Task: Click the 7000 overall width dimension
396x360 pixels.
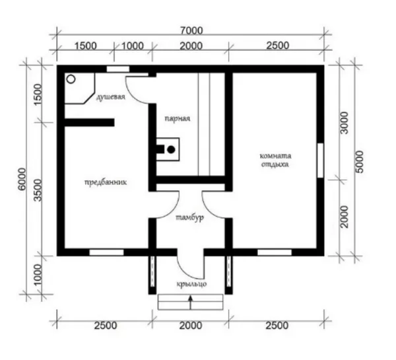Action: (x=191, y=30)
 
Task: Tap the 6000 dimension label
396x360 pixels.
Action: (x=22, y=179)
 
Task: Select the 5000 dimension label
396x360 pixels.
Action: (x=359, y=162)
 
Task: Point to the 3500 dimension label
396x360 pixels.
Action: (x=38, y=190)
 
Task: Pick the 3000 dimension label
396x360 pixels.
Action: (x=345, y=123)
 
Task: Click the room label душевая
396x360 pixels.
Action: (x=111, y=97)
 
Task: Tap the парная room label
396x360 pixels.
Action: (x=178, y=118)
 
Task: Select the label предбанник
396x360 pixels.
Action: (x=106, y=182)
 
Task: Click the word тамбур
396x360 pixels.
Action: (x=189, y=217)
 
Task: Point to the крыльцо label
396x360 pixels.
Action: (x=191, y=284)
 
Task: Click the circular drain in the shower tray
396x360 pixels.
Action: (x=71, y=79)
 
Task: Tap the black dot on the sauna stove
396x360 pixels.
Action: (x=171, y=150)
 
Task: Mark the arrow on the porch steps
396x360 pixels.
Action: (x=191, y=303)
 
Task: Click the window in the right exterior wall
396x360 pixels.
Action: (x=320, y=161)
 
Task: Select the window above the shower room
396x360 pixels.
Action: (x=117, y=69)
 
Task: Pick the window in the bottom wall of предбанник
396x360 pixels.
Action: (x=106, y=252)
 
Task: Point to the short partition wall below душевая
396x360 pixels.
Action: (x=90, y=122)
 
